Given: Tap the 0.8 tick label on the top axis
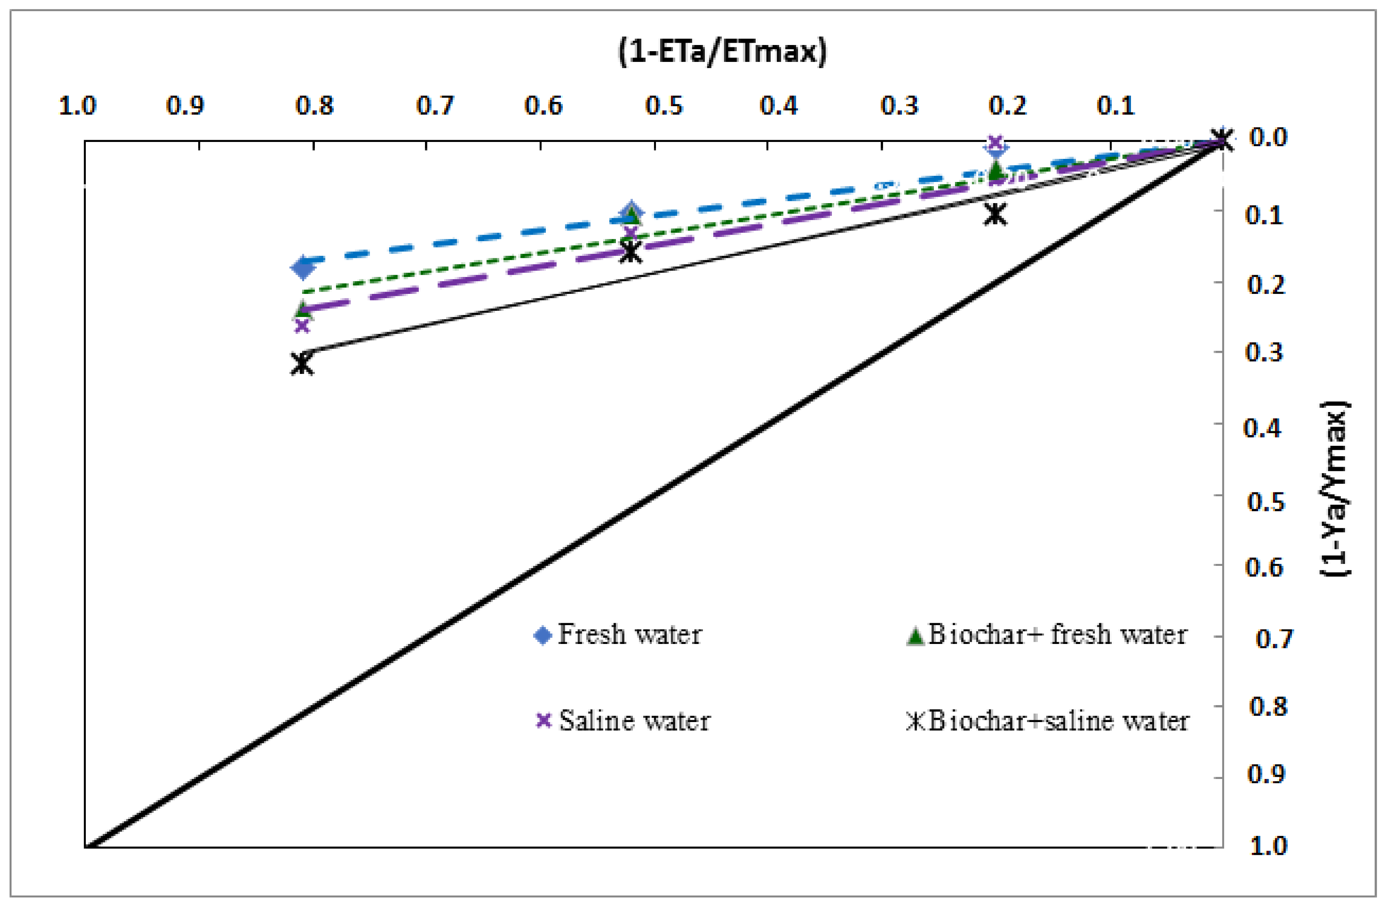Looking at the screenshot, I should [x=314, y=106].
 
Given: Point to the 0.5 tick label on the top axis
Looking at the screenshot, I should [x=663, y=106].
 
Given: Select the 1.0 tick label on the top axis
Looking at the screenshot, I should [x=77, y=106].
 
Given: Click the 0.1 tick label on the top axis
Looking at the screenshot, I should [x=1115, y=106].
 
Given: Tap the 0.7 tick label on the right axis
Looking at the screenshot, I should [x=1274, y=639].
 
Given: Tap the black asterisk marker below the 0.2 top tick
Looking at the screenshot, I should [x=995, y=214].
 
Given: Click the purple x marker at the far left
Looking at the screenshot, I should [x=302, y=325].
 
